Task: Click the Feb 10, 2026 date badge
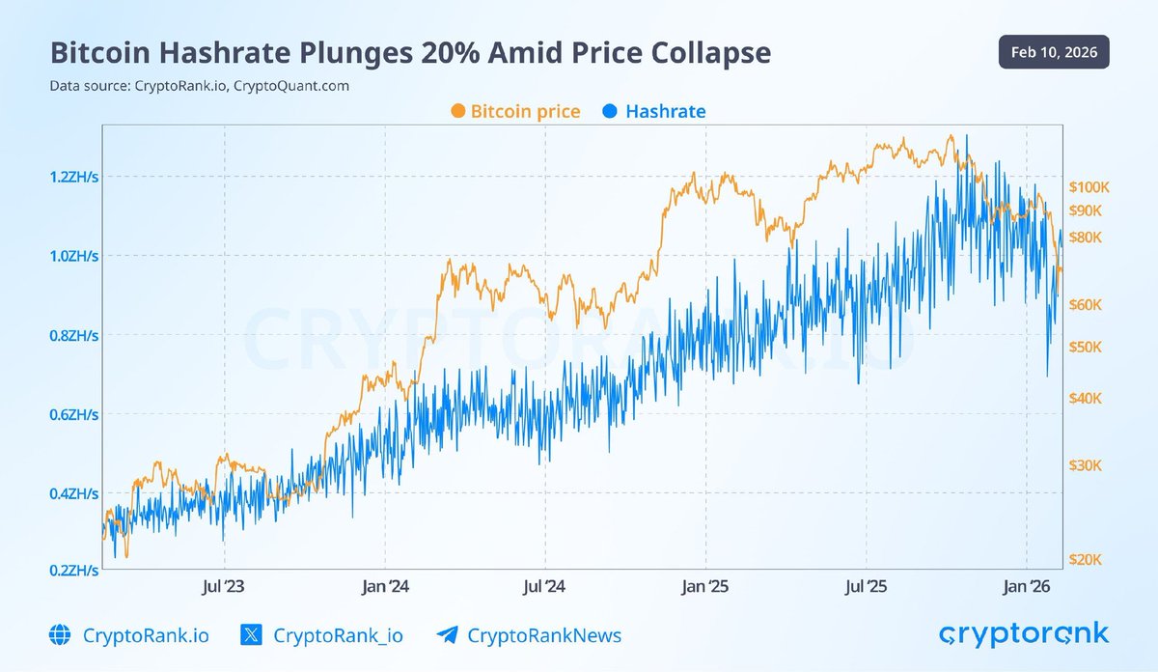(1053, 51)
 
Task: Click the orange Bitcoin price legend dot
(457, 112)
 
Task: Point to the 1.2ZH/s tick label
(74, 177)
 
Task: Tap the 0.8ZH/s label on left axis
(74, 336)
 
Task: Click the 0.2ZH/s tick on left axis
(74, 571)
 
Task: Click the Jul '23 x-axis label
(225, 586)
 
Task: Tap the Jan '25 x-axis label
(704, 586)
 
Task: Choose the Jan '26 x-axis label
(1026, 586)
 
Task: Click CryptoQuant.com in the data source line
(291, 86)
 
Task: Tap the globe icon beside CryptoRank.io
(60, 635)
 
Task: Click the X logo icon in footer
(250, 635)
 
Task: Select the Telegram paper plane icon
(447, 635)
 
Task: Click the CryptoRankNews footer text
(544, 635)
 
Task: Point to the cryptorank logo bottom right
(1024, 633)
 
